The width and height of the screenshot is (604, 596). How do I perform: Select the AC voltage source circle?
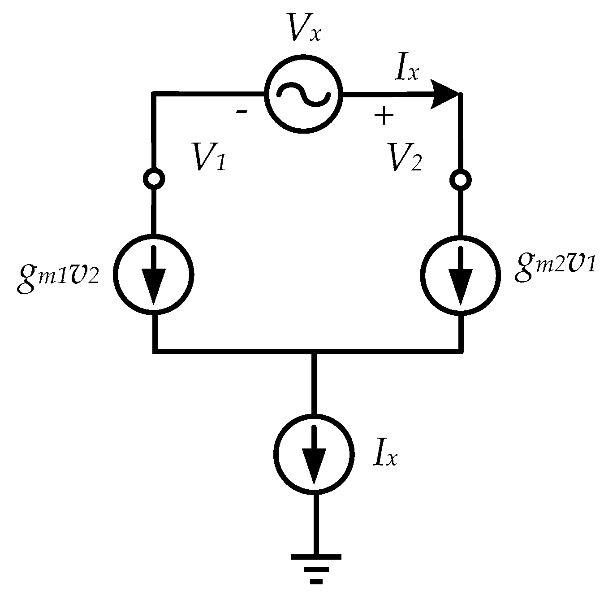coord(304,94)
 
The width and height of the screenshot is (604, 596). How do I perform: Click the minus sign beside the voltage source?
coord(242,111)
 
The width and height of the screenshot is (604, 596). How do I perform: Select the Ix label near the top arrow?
coord(406,69)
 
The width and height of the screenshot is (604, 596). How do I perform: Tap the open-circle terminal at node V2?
coord(460,180)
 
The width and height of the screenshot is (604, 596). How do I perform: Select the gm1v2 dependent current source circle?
coord(154,274)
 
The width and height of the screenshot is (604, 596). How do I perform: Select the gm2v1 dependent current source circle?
coord(461,274)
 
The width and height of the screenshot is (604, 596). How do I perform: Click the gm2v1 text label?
coord(555,268)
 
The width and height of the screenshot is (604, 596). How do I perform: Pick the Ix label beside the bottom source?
coord(384,455)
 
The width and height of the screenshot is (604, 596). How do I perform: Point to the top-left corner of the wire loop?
coord(154,94)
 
